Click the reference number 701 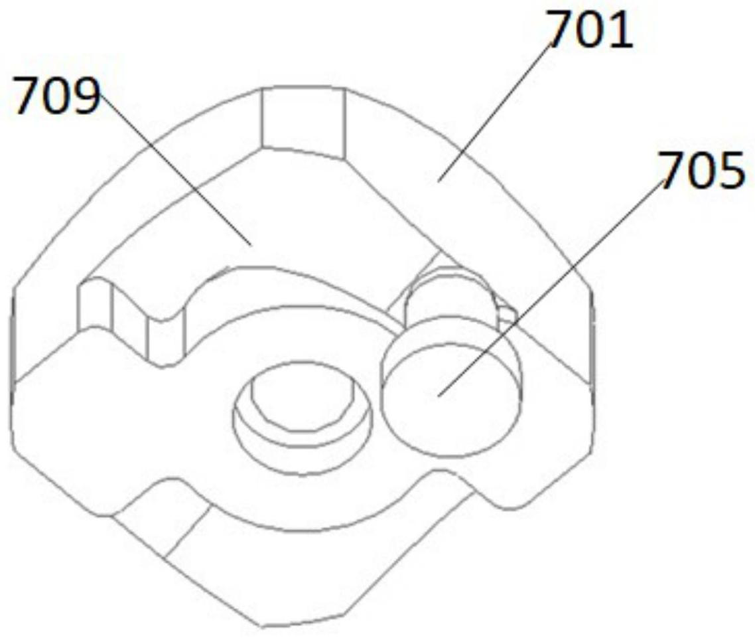click(589, 30)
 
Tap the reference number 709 click(57, 96)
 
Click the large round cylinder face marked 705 click(450, 401)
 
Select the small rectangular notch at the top click(303, 123)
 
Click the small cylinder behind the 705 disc click(450, 295)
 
